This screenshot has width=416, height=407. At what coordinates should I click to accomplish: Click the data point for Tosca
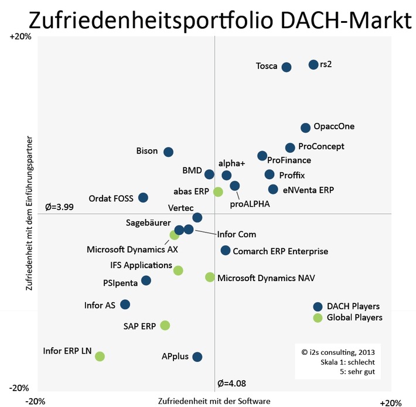point(287,67)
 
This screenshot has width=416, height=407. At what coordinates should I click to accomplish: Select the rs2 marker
point(313,64)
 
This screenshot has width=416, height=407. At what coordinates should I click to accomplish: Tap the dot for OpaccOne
point(305,128)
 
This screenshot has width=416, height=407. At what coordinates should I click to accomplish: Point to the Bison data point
point(168,152)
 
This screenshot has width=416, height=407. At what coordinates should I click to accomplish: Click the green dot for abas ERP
point(218,191)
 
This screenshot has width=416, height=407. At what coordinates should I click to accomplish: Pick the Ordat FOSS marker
point(143,198)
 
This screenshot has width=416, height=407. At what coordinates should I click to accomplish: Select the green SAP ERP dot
point(165,325)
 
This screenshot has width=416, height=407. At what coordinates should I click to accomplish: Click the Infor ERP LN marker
point(100,356)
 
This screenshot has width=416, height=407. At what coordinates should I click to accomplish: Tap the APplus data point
point(197,357)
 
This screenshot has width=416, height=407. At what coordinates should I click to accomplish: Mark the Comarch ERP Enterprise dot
point(226,251)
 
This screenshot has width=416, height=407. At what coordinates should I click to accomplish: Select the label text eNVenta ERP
point(308,190)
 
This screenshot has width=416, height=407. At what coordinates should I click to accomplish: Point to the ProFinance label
point(289,160)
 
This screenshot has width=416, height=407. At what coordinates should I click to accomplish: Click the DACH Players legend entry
point(353,306)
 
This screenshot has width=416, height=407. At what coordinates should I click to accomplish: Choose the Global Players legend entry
point(354,317)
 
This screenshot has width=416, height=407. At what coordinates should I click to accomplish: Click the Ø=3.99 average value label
point(59,207)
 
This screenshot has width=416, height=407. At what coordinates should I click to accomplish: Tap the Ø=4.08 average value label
point(231,384)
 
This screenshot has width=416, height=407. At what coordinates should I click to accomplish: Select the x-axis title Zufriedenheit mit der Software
point(214,401)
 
